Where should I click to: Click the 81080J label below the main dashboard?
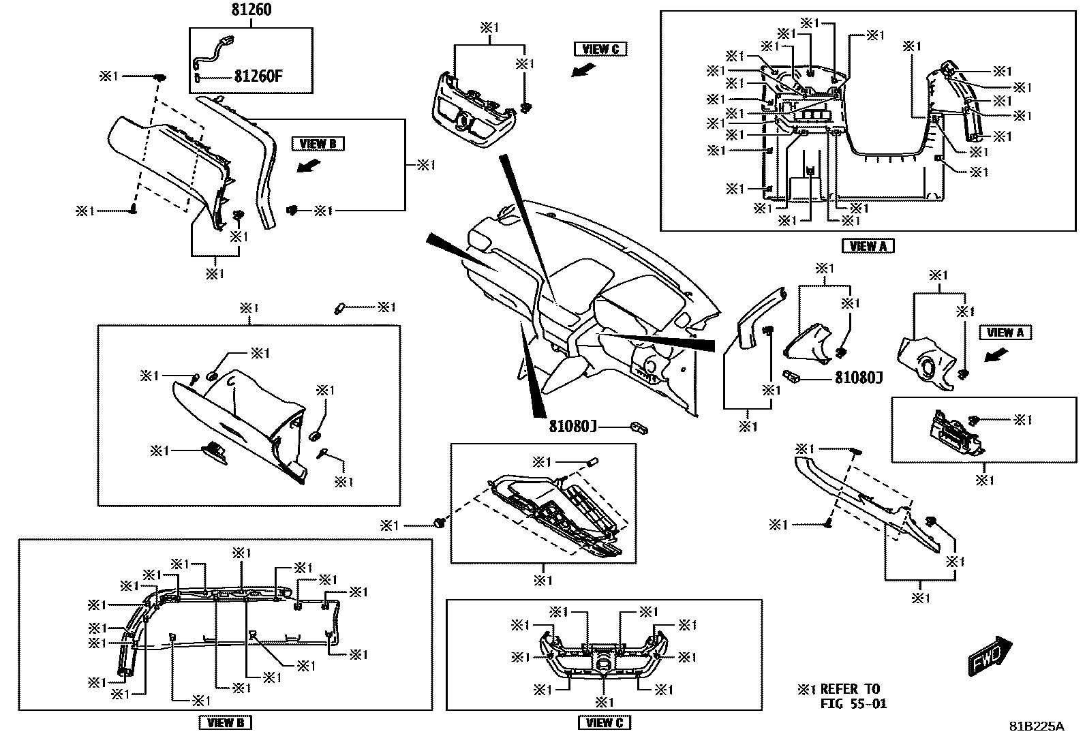coord(573,426)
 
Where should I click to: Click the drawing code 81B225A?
coord(1036,727)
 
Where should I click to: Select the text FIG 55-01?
coord(853,703)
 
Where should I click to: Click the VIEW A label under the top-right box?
coord(868,246)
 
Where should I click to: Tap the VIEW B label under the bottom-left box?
coord(225,722)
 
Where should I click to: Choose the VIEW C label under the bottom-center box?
coord(604,722)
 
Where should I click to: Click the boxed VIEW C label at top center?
coord(600,48)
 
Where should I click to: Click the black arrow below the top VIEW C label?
coord(583,69)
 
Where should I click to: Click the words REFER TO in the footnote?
coord(849,689)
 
